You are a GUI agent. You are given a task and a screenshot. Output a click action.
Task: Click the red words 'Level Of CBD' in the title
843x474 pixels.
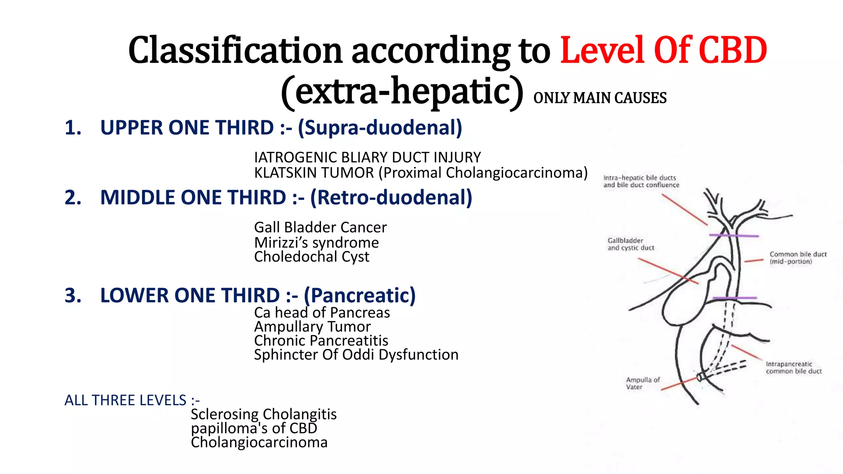point(664,51)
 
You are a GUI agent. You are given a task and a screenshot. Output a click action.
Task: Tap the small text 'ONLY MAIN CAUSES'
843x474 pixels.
point(600,98)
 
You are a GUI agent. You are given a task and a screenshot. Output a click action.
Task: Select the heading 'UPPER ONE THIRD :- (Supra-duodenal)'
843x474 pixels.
point(281,128)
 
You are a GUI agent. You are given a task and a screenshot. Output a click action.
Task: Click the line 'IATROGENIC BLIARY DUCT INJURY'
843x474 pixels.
point(367,157)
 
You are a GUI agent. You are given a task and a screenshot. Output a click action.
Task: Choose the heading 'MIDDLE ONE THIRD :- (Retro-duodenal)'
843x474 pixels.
point(286,197)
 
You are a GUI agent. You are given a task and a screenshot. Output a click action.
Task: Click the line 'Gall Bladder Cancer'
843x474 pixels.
point(320,227)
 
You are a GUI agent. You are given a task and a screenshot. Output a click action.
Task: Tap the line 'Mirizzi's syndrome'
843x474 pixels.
point(316,242)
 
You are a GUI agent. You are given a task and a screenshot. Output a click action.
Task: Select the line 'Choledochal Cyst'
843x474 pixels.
point(312,257)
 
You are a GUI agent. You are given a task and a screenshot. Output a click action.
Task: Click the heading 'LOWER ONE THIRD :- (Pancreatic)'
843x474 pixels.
point(258,295)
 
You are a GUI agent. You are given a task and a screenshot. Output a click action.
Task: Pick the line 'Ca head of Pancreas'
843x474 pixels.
point(322,313)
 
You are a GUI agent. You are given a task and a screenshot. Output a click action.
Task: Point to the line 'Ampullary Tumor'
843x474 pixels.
point(312,327)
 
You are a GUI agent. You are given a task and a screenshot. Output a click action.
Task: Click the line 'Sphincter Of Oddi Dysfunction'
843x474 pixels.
point(356,355)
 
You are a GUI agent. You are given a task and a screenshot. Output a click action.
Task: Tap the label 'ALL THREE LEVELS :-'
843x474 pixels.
point(132,400)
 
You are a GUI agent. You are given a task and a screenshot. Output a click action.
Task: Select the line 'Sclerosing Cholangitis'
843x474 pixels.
point(263,414)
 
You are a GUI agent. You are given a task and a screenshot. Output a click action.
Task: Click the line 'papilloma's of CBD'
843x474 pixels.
point(254,428)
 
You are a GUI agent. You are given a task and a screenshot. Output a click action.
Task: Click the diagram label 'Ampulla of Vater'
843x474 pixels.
point(643,383)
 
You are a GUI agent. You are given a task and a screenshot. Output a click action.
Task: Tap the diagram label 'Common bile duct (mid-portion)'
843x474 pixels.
point(798,258)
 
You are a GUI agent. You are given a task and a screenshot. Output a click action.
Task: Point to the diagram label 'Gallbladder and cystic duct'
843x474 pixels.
point(631,244)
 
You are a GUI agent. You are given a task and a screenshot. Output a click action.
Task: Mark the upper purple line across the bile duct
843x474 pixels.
point(734,236)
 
